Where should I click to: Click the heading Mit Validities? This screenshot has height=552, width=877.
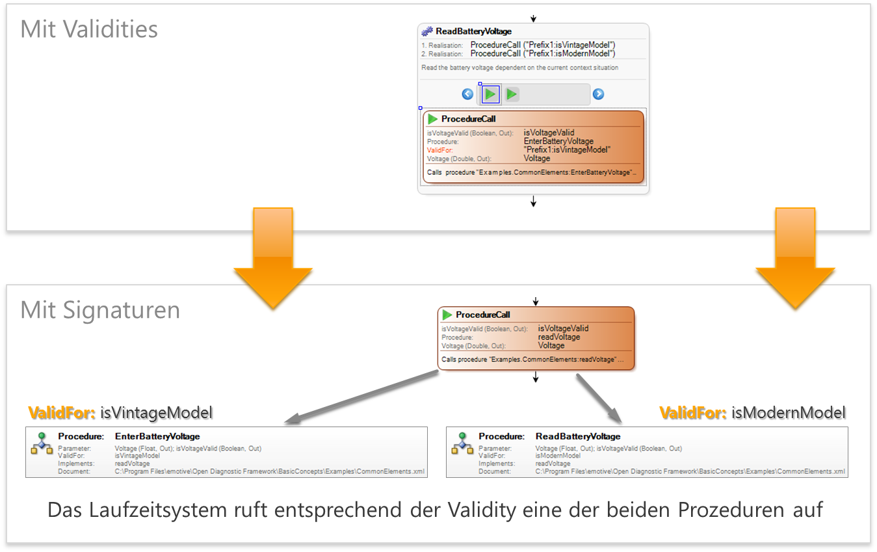click(x=89, y=29)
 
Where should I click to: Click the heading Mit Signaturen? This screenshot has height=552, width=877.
click(x=100, y=310)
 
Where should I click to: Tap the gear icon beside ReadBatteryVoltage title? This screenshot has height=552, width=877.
click(x=427, y=31)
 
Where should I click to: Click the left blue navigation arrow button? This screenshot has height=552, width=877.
click(x=467, y=94)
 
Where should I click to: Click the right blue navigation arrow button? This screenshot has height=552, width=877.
click(x=598, y=94)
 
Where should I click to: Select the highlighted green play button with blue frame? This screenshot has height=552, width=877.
click(x=491, y=94)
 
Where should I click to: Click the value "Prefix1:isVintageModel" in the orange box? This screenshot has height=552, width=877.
click(x=567, y=150)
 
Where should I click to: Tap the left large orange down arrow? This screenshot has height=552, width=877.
click(x=274, y=257)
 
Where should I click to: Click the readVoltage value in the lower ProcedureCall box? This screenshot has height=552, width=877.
click(x=558, y=337)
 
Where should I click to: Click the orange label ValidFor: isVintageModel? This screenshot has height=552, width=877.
click(x=120, y=413)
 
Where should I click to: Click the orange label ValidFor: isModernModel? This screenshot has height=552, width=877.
click(x=752, y=413)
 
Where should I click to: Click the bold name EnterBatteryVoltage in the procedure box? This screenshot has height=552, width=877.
click(x=157, y=436)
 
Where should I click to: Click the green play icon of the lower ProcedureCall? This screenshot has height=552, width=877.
click(x=447, y=315)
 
